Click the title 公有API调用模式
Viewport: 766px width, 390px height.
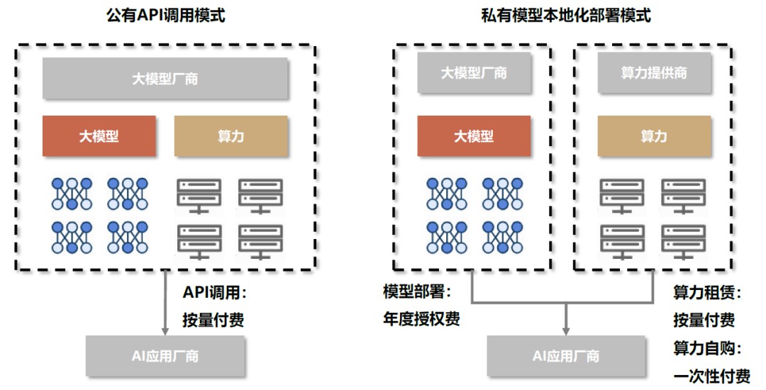[165, 15]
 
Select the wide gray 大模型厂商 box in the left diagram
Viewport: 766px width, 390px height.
[165, 78]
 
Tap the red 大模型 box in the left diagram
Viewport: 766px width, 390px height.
[99, 136]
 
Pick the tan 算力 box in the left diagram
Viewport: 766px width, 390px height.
[231, 136]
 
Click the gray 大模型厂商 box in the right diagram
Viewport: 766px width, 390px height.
[473, 73]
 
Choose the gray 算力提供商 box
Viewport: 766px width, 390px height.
[653, 73]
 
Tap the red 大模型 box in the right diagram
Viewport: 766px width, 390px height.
[473, 136]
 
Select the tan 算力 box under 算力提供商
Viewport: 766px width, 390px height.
[653, 136]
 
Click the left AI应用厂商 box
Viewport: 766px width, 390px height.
[165, 356]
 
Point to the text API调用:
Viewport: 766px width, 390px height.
[214, 292]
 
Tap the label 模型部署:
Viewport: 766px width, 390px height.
[417, 291]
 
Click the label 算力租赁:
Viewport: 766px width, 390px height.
[707, 291]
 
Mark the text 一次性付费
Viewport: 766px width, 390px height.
[711, 375]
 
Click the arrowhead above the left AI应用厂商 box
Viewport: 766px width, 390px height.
[165, 330]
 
